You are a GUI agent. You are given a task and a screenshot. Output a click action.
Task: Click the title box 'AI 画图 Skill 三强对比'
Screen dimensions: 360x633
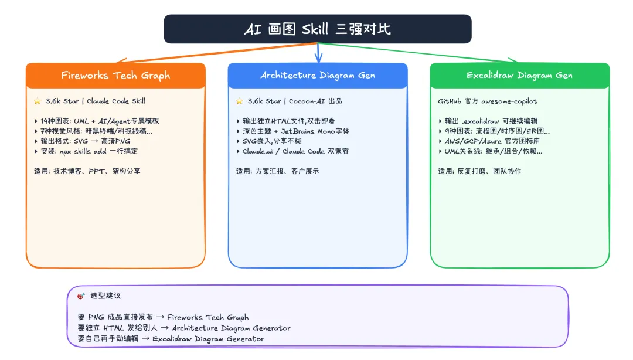(x=317, y=29)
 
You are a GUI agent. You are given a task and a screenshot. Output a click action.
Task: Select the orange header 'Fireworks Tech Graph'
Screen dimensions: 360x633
(x=115, y=75)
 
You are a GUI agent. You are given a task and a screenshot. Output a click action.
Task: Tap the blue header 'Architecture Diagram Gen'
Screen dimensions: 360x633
(x=317, y=75)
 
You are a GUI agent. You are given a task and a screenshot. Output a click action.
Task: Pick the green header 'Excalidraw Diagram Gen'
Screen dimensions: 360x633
(x=519, y=75)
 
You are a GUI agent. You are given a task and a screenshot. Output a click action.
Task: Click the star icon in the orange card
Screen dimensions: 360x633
(x=38, y=101)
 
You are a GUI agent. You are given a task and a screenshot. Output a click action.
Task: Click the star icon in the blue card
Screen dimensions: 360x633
(x=239, y=101)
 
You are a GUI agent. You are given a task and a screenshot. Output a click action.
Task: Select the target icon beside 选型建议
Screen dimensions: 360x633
(x=81, y=296)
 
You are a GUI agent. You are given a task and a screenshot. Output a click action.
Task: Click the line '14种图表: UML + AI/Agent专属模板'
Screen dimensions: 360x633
(x=97, y=121)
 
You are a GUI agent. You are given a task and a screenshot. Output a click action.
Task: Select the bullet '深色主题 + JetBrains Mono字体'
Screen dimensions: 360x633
(x=292, y=131)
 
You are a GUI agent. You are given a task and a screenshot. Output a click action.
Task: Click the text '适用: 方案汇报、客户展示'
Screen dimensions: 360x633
(x=277, y=171)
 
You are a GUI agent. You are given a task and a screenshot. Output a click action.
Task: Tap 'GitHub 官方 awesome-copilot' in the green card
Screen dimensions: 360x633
(x=487, y=101)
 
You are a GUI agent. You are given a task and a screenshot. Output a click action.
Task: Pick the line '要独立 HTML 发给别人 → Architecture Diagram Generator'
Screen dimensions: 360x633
(x=183, y=328)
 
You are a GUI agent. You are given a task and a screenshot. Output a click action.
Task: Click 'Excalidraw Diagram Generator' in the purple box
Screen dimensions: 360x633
(x=208, y=338)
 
